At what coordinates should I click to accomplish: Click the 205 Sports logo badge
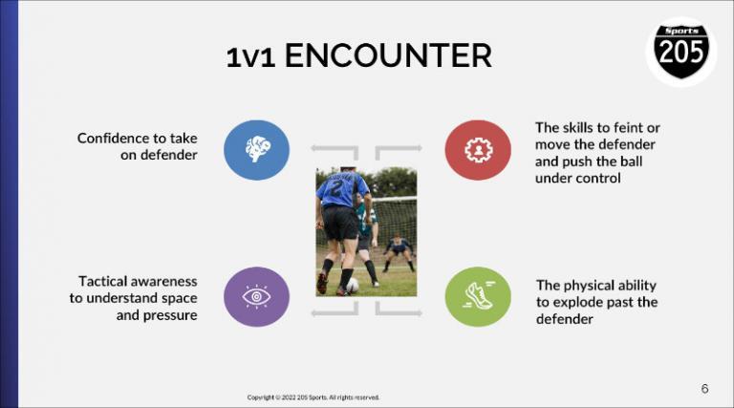pos(681,51)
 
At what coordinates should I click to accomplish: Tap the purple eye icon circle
pos(256,296)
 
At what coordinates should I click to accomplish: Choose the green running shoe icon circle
pos(477,296)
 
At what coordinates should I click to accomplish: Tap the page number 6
pos(704,388)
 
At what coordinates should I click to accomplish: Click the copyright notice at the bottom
pos(313,397)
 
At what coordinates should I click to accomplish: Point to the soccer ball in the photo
pos(353,285)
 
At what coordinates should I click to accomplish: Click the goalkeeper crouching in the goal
pos(399,250)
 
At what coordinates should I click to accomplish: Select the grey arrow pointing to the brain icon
pos(335,151)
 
